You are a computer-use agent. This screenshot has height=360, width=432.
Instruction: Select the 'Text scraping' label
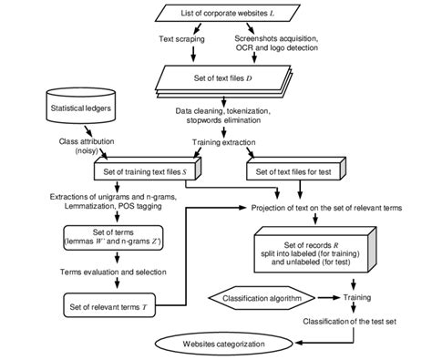pos(177,39)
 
